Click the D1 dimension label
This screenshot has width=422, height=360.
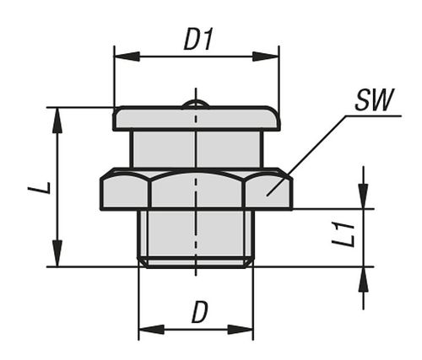tap(197, 39)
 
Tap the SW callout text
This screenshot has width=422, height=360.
tap(374, 100)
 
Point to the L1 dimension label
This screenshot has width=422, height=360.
tap(343, 234)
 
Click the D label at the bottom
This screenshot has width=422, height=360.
tap(199, 312)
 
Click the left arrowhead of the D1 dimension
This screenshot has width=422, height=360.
tap(127, 56)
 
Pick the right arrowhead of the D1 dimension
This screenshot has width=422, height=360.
tap(266, 56)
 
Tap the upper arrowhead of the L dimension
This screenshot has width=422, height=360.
tap(57, 120)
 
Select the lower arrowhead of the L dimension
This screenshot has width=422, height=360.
tap(57, 254)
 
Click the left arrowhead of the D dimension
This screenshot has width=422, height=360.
tap(152, 330)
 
